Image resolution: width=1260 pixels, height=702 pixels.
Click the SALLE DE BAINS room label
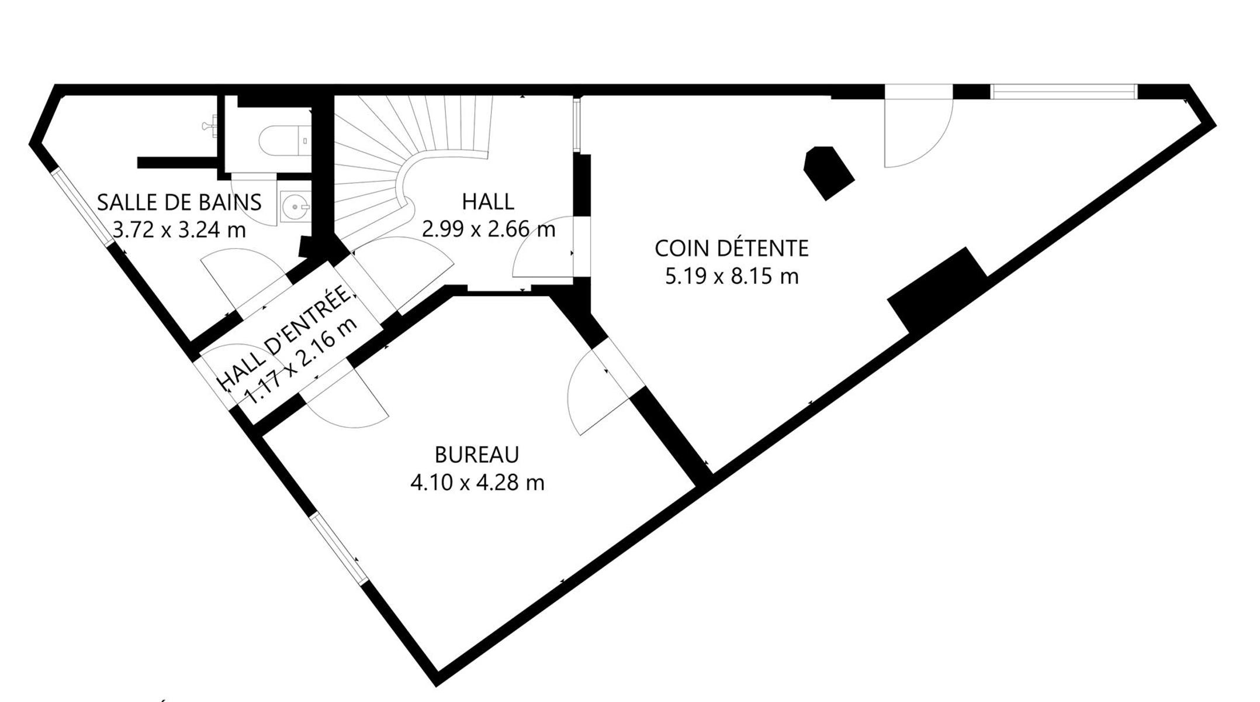179,202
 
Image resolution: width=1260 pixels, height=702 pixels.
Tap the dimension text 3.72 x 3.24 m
179,230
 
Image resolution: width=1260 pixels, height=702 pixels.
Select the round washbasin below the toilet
295,207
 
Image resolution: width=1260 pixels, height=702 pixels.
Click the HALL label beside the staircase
488,202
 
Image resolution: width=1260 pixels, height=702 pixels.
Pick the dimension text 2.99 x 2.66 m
489,229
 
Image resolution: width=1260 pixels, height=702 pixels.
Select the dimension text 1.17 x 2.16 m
301,362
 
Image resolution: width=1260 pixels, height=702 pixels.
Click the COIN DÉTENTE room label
732,249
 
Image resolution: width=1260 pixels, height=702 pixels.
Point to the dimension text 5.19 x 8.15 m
732,276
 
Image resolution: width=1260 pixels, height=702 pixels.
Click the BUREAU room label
477,455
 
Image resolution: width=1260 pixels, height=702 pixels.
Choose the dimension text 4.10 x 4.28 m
477,483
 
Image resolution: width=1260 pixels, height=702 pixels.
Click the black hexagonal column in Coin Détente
829,173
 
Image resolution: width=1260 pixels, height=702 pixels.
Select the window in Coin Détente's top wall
1064,92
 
